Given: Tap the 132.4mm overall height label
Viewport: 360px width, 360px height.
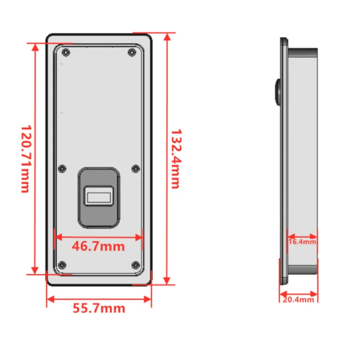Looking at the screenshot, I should (175, 158).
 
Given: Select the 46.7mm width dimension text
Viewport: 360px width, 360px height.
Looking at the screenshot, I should (98, 247).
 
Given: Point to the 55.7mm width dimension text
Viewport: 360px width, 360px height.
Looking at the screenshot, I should (99, 309).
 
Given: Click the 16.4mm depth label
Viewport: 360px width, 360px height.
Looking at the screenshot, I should (302, 242).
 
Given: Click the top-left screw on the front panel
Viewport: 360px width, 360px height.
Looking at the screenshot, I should (66, 53).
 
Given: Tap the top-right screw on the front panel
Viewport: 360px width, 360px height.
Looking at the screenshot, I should (131, 53).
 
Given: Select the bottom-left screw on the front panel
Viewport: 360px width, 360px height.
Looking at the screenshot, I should (63, 265).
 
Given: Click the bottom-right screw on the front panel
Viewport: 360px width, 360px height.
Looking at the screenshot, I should (135, 265).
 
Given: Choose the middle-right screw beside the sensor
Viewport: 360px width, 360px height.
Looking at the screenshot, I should (135, 168).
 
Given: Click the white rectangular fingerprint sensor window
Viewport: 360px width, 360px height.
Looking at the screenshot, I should (99, 197).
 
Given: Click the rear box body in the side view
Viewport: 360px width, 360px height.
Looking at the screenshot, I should (302, 157).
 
